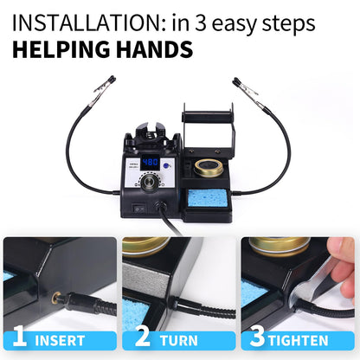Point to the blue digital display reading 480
click(150, 162)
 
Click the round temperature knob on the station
click(152, 183)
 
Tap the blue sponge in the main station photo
click(209, 198)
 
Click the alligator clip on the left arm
click(106, 86)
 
